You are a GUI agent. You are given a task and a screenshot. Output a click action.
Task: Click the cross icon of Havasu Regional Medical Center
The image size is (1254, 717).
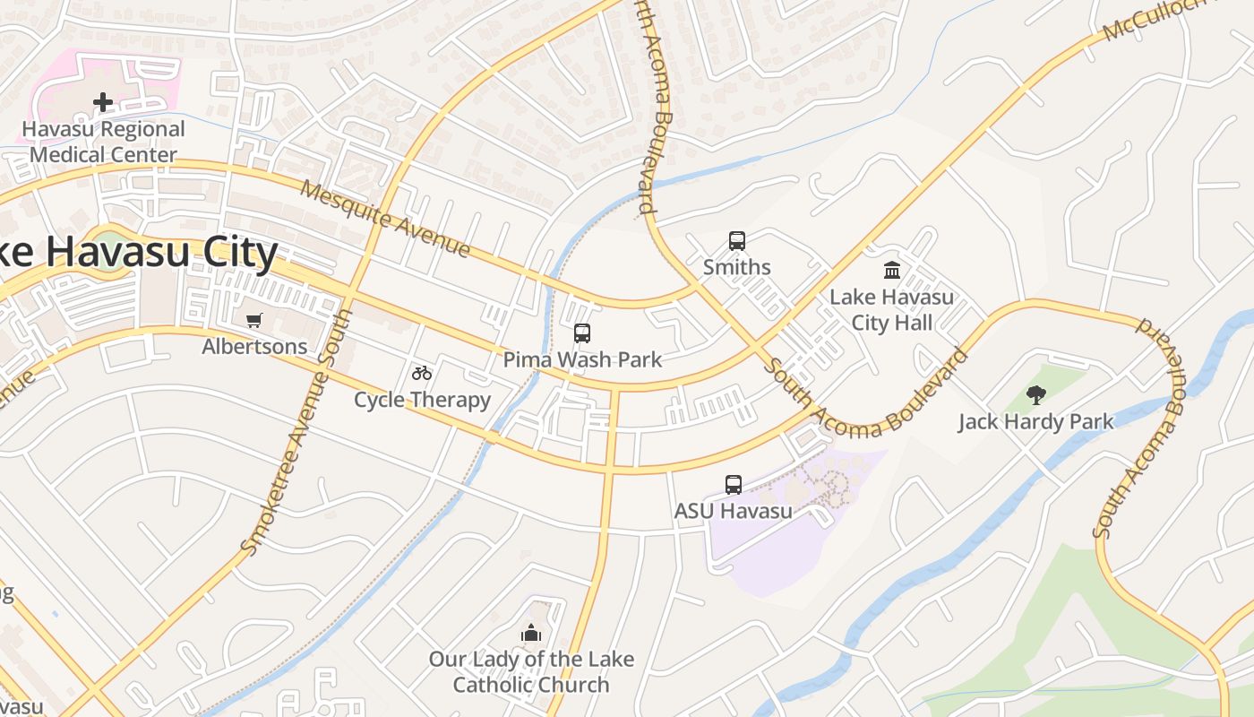(103, 102)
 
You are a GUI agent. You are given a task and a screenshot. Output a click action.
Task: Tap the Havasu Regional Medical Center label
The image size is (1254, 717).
(103, 142)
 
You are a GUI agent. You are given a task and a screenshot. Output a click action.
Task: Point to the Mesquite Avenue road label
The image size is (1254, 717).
(385, 219)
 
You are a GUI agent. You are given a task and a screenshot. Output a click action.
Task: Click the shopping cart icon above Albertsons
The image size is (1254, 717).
(254, 320)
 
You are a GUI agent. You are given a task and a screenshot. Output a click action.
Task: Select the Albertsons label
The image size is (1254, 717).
(254, 346)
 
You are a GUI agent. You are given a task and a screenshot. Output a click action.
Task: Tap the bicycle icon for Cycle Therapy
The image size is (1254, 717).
(422, 373)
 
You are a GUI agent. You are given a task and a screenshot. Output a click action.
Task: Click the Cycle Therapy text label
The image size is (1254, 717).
(422, 400)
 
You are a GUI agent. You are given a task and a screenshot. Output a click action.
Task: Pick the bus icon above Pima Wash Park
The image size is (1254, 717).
(582, 333)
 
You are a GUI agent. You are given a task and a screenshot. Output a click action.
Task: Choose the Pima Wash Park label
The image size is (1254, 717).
(582, 360)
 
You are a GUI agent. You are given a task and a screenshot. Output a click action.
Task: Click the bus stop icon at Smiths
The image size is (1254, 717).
(736, 240)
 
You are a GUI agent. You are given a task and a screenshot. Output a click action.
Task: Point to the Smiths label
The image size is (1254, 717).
(736, 267)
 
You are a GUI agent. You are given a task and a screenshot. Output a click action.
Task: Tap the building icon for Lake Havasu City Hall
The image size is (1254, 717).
(892, 270)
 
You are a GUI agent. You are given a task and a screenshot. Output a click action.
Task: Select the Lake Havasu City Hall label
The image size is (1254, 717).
(892, 309)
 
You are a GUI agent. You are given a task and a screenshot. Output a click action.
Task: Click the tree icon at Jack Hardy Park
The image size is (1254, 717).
(1036, 394)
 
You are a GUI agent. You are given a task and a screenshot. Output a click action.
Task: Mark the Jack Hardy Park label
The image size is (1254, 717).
(1036, 421)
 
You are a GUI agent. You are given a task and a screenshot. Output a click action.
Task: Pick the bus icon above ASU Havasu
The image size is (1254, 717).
(734, 485)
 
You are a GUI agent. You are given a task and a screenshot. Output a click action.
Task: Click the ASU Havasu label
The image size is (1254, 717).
(734, 511)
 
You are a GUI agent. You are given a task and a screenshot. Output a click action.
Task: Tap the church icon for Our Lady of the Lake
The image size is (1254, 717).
(531, 633)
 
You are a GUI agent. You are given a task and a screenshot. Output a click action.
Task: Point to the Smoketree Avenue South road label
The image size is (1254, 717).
(296, 431)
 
